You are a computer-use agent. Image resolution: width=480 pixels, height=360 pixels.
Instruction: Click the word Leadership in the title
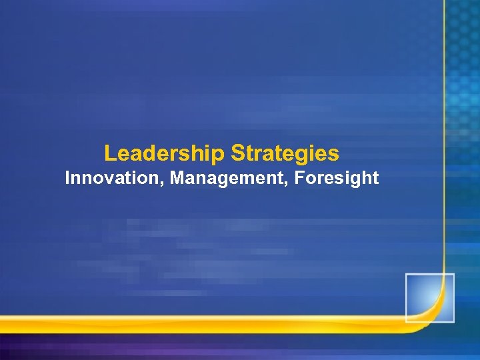pyautogui.click(x=165, y=154)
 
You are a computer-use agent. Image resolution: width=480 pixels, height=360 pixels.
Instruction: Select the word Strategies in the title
pyautogui.click(x=285, y=154)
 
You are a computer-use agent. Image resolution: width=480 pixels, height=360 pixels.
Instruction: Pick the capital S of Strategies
pyautogui.click(x=237, y=154)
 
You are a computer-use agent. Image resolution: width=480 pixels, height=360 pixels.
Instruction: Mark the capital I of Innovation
pyautogui.click(x=67, y=178)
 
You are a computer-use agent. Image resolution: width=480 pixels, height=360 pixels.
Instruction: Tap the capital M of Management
pyautogui.click(x=176, y=178)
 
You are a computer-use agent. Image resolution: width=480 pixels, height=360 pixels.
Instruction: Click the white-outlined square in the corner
pyautogui.click(x=429, y=298)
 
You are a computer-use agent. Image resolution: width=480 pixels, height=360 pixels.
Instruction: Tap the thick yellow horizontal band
pyautogui.click(x=200, y=325)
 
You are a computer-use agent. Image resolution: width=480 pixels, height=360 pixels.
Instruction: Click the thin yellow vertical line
pyautogui.click(x=443, y=133)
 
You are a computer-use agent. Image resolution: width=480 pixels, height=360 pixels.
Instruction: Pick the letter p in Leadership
pyautogui.click(x=221, y=155)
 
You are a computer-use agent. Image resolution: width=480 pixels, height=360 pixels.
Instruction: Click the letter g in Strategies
pyautogui.click(x=301, y=157)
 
